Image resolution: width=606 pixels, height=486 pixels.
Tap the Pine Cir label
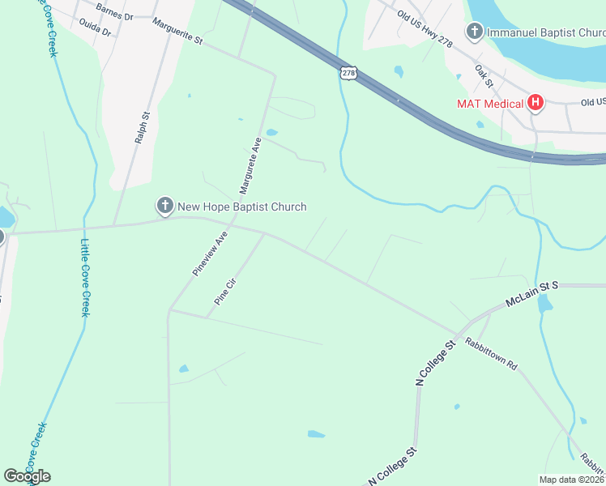[x=224, y=293]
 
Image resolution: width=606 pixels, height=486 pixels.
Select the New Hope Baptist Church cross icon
[x=164, y=207]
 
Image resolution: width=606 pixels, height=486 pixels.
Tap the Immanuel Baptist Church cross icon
[x=475, y=32]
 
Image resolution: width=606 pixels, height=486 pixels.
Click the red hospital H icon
[x=535, y=103]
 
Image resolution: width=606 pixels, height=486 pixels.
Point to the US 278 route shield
[x=348, y=73]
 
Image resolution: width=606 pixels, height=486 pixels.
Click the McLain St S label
[x=532, y=292]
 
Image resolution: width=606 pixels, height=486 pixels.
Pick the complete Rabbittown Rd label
[x=490, y=353]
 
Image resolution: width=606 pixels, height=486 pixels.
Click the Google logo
[x=27, y=475]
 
